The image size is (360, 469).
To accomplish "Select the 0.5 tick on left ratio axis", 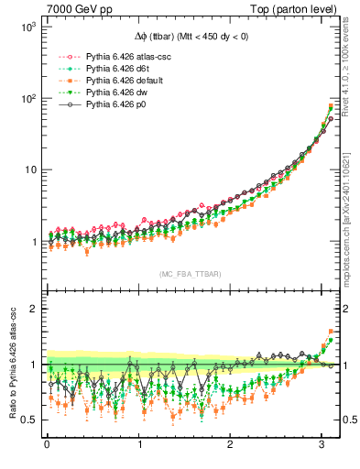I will (x=26, y=420).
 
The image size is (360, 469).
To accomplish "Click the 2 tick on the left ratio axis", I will (x=30, y=309).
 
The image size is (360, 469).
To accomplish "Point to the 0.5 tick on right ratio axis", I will (x=350, y=420).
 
